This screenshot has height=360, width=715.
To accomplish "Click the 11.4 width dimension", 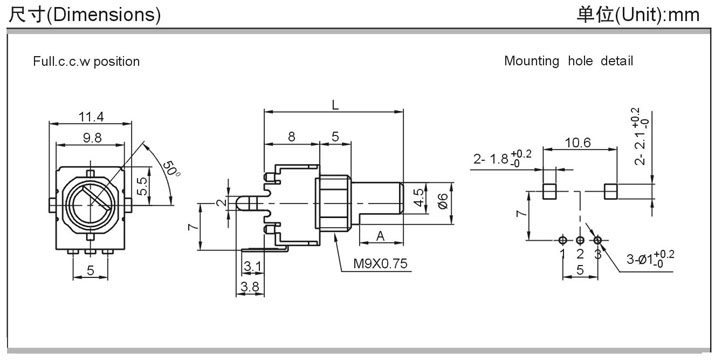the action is (x=91, y=117).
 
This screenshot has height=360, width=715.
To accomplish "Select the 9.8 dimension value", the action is (x=92, y=139).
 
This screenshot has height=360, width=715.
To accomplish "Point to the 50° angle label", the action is (x=171, y=169).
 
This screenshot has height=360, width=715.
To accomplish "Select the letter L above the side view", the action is (x=335, y=105).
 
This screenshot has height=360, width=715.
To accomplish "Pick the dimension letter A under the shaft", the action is (x=380, y=236).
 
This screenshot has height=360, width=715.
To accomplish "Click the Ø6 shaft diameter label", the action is (x=442, y=201).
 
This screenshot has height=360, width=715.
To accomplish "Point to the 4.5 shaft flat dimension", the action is (x=420, y=198).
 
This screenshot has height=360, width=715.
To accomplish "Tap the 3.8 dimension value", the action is (x=249, y=287).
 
